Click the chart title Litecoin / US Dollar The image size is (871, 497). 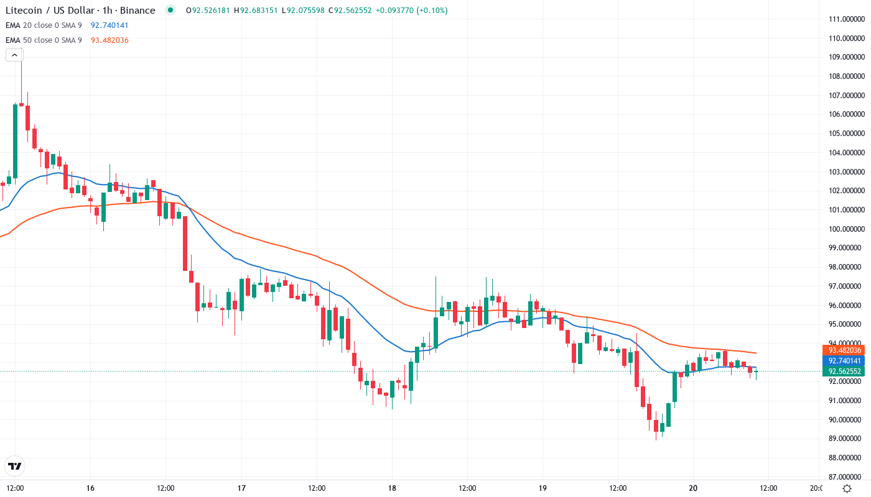pyautogui.click(x=53, y=11)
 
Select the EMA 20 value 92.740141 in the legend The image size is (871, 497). pyautogui.click(x=109, y=25)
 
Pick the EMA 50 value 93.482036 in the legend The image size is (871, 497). pyautogui.click(x=109, y=40)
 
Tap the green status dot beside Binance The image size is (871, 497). pyautogui.click(x=170, y=10)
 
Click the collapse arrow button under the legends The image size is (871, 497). pyautogui.click(x=14, y=55)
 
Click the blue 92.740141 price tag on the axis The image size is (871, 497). pyautogui.click(x=844, y=360)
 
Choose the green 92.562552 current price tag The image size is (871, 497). pyautogui.click(x=844, y=372)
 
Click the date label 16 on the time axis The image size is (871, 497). pyautogui.click(x=91, y=488)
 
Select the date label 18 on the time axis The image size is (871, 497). pyautogui.click(x=392, y=488)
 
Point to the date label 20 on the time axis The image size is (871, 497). pyautogui.click(x=693, y=488)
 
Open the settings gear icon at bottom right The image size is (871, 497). pyautogui.click(x=847, y=488)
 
